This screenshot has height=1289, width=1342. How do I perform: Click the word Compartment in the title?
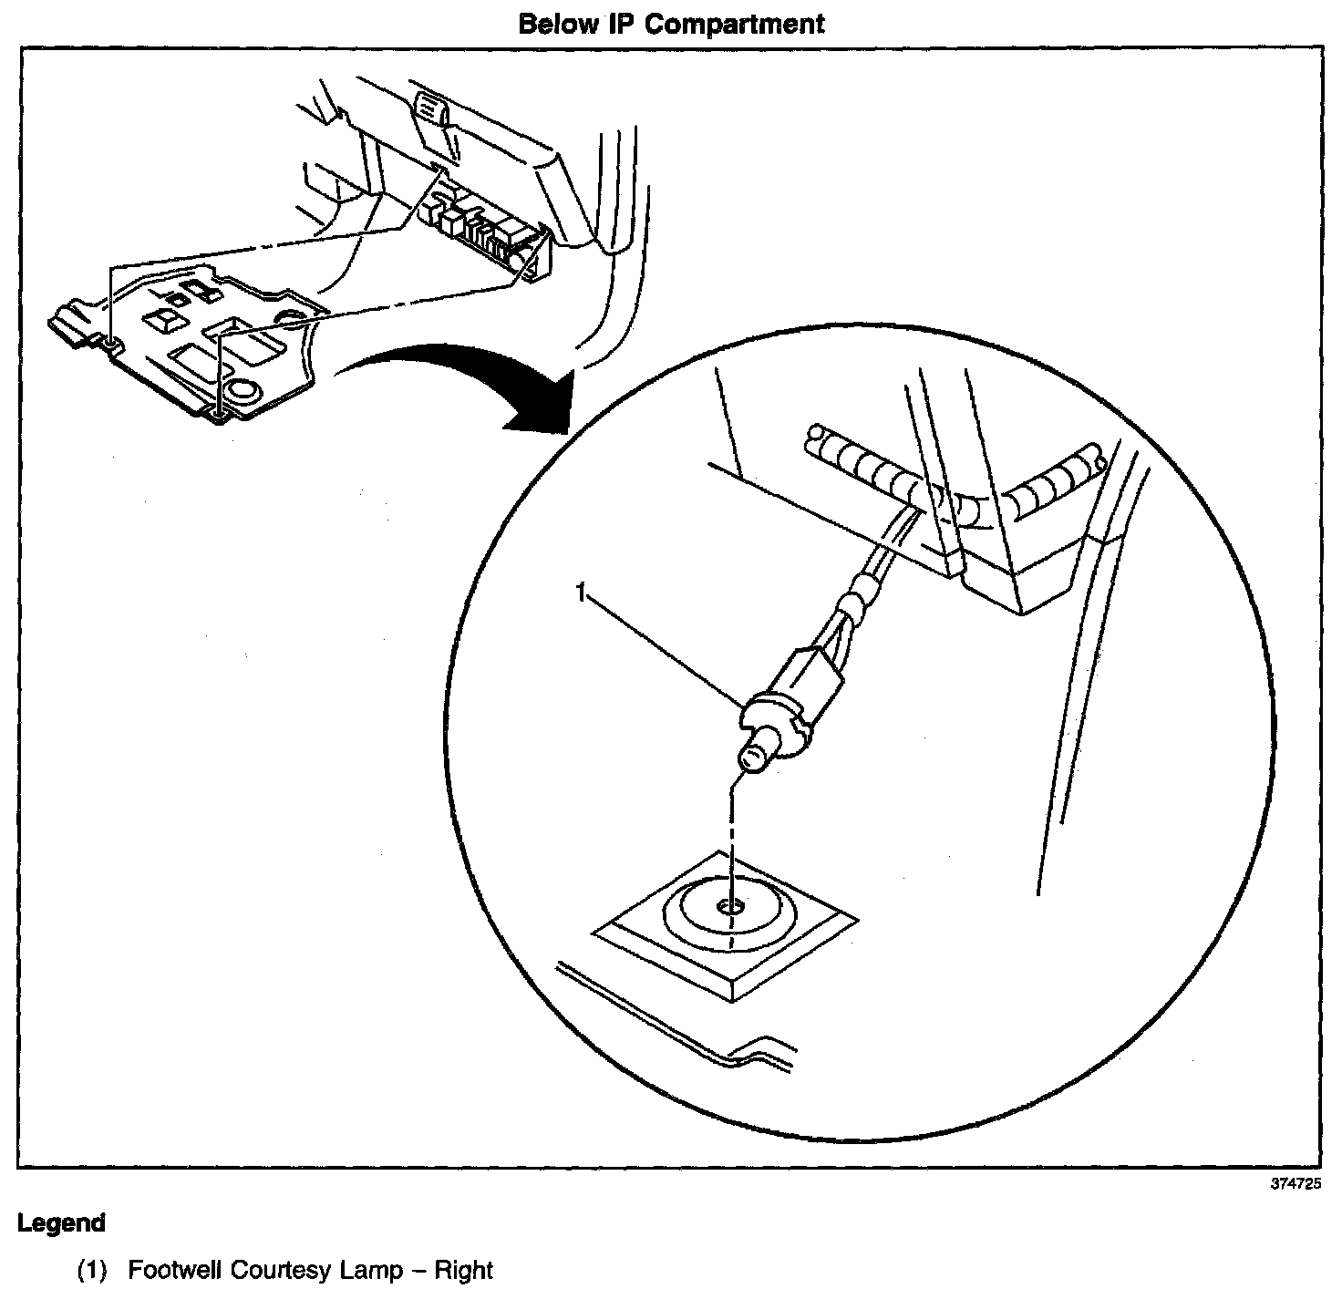tap(736, 24)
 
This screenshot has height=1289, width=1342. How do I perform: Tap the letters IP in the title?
tap(620, 24)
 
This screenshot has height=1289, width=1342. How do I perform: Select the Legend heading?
tap(61, 1223)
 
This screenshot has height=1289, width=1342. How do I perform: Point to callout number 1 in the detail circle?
tap(580, 593)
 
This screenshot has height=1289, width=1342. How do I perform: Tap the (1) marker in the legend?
tap(93, 1270)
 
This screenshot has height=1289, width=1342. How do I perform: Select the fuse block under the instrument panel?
tap(483, 228)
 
